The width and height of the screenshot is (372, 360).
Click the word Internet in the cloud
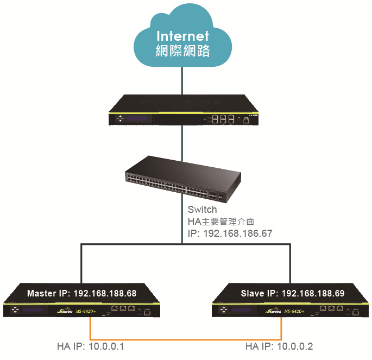pyautogui.click(x=182, y=36)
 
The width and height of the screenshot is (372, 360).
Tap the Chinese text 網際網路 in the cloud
pyautogui.click(x=182, y=52)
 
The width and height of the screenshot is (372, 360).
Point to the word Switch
pyautogui.click(x=202, y=210)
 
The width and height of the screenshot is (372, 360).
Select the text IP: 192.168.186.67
pyautogui.click(x=230, y=233)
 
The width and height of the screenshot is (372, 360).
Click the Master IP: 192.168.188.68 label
pyautogui.click(x=81, y=293)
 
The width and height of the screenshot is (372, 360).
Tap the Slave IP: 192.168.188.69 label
pyautogui.click(x=292, y=293)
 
